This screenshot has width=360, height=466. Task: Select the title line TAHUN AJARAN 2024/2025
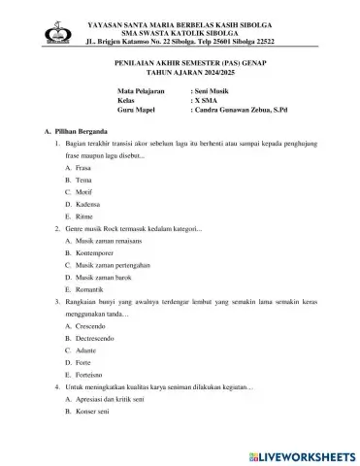pyautogui.click(x=180, y=72)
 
